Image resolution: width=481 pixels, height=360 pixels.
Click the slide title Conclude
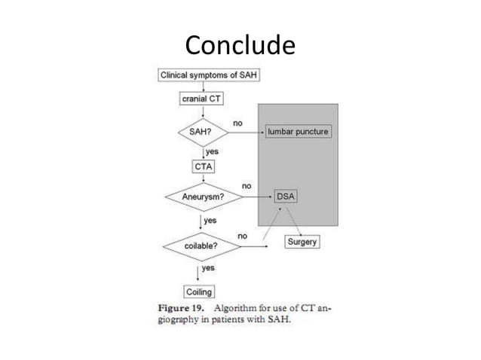(240, 46)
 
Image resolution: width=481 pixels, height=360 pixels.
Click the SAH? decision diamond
(200, 131)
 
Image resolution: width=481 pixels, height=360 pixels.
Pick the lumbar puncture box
(299, 131)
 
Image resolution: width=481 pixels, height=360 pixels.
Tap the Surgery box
(302, 242)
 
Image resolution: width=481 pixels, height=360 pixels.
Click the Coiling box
(199, 291)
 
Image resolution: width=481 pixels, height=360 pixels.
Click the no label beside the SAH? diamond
(237, 122)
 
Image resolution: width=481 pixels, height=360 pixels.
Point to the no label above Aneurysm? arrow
(247, 186)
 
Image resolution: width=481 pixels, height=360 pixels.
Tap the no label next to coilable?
(242, 236)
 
